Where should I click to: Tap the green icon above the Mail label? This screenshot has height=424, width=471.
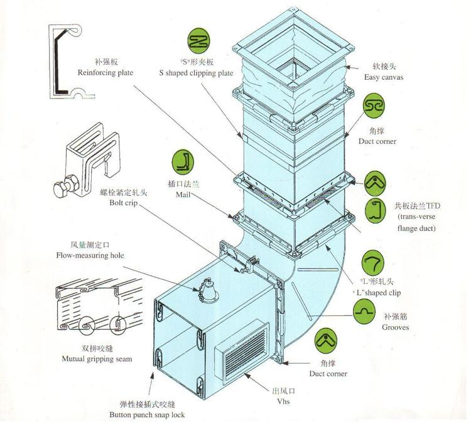coord(182,163)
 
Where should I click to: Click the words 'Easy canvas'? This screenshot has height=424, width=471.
coord(383,77)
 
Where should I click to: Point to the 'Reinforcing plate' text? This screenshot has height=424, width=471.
coord(105,73)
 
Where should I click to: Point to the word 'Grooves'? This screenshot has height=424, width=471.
coord(396,328)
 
